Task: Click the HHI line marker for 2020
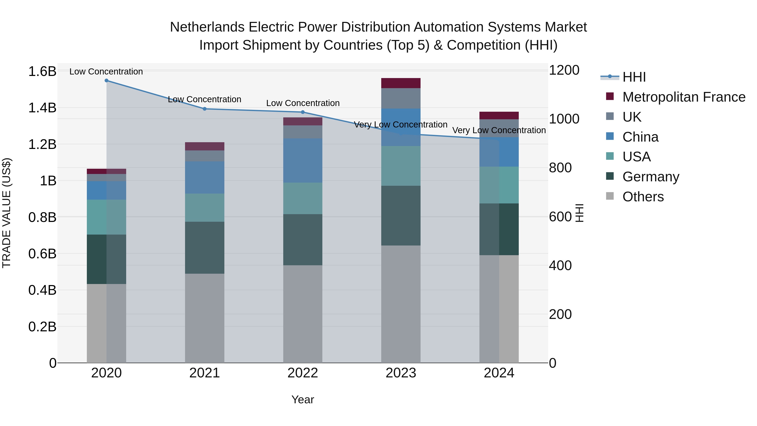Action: click(x=106, y=81)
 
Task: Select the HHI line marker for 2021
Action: click(x=205, y=109)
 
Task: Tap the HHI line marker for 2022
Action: click(x=303, y=112)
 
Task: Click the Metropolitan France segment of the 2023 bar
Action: click(x=401, y=83)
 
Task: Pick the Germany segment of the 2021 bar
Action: click(x=205, y=248)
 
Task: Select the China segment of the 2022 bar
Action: click(x=303, y=161)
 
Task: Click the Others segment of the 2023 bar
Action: click(x=401, y=304)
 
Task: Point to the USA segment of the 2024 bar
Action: click(x=499, y=185)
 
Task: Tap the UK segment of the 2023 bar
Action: click(x=401, y=98)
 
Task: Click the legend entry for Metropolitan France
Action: click(x=684, y=97)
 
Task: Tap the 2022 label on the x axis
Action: click(x=303, y=373)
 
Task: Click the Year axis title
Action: click(x=303, y=399)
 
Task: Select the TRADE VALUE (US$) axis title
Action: click(x=7, y=213)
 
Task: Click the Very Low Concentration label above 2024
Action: click(x=499, y=130)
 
